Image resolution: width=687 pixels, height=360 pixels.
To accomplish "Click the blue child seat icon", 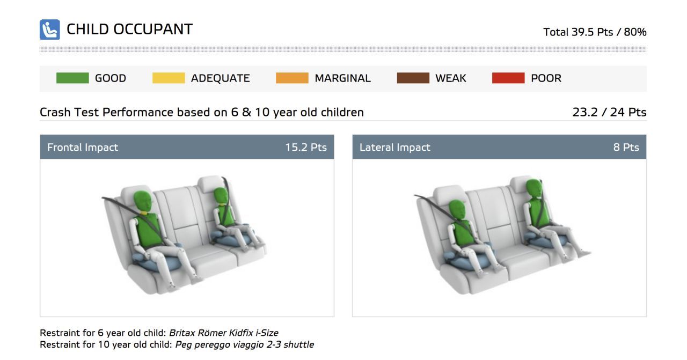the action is coord(50,30).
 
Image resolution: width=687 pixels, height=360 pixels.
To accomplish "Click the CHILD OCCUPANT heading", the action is coord(129,30).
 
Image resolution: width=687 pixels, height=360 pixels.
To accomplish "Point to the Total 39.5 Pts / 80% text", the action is coord(595,32).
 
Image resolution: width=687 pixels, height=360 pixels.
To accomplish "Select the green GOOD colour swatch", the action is coord(72,78).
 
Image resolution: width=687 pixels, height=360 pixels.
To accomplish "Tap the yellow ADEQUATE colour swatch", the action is coord(169,78).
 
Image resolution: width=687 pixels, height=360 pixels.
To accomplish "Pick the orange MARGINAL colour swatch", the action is coord(292,78).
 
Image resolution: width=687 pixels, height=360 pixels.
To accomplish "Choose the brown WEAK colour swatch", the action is coord(413,78).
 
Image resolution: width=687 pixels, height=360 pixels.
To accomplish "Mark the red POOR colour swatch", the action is coord(508,78).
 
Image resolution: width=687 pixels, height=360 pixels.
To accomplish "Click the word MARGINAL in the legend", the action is coord(342,78).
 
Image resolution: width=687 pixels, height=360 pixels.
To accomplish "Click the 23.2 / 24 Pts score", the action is coord(609,112).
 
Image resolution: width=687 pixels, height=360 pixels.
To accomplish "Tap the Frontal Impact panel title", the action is coord(83,147).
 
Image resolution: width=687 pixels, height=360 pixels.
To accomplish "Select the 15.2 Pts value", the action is coord(306,147).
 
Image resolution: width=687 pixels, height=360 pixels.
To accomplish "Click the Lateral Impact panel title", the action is coord(394,147).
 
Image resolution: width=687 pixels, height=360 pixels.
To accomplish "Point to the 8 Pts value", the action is coord(626,147).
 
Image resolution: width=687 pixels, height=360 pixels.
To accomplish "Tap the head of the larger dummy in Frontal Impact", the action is coord(143,201).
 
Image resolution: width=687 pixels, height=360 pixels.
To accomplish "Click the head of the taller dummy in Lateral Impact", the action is coord(533,188).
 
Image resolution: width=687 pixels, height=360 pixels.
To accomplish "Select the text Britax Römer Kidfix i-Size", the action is coord(224,333).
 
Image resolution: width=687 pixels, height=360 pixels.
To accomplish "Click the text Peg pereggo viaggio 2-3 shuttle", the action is coord(244,344).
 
